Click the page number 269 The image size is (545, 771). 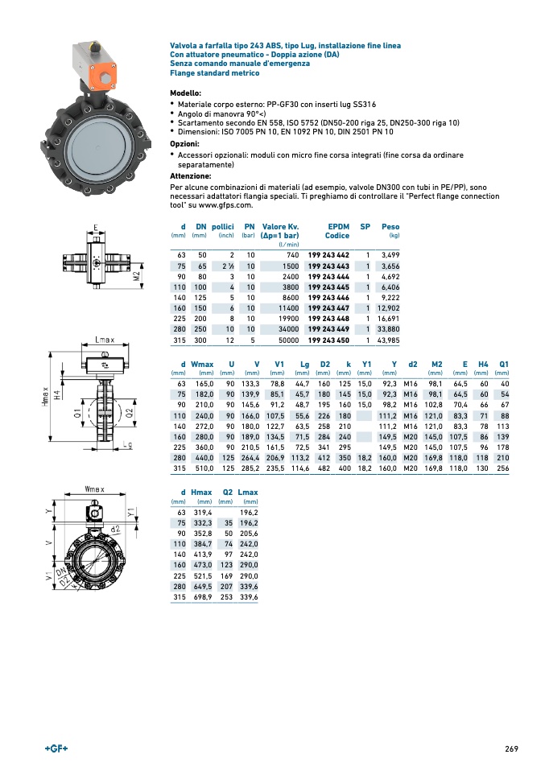click(x=511, y=749)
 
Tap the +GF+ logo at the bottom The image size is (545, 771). click(x=56, y=749)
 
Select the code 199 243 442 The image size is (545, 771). click(x=328, y=254)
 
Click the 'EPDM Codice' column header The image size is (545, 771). click(x=336, y=231)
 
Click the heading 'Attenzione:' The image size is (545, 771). click(x=191, y=175)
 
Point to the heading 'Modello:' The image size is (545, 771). click(x=186, y=94)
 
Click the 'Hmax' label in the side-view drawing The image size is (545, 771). click(x=47, y=397)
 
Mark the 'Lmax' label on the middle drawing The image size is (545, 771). click(x=105, y=340)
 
